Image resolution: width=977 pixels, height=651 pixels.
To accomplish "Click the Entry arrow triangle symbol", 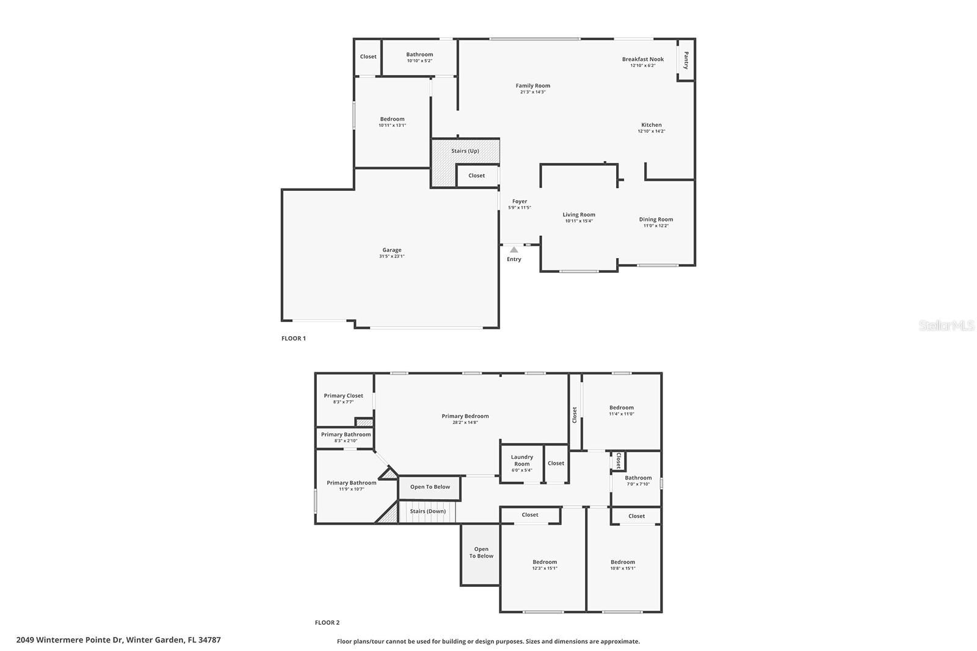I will (x=514, y=250).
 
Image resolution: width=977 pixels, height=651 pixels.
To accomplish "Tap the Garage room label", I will (x=392, y=250).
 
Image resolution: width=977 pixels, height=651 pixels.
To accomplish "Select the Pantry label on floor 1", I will (x=686, y=60).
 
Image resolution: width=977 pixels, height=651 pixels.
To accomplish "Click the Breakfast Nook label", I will (x=643, y=59).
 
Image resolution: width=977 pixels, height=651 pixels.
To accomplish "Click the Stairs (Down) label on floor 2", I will (x=427, y=511).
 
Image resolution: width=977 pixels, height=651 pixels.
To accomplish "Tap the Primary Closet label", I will (x=344, y=395).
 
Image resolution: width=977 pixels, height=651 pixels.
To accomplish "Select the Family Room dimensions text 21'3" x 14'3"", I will (x=533, y=92).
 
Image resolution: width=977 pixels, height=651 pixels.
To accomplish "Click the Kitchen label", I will (x=652, y=125).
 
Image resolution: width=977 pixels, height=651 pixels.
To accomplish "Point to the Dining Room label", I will (x=656, y=219).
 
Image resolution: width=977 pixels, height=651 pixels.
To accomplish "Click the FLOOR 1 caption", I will (x=294, y=338).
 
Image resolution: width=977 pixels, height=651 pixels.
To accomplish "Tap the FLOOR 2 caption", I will (x=327, y=622).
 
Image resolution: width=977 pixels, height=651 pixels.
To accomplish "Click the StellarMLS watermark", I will (x=946, y=326).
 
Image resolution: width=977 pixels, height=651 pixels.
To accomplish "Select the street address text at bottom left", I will (x=118, y=640).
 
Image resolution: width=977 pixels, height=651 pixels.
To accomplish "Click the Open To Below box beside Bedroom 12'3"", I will (x=481, y=553).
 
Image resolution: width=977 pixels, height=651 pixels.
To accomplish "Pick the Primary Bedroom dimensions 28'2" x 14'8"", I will (x=465, y=422).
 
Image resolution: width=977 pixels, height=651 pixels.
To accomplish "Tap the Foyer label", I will (x=520, y=201).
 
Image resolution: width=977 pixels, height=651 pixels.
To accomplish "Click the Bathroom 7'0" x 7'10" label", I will (x=638, y=478).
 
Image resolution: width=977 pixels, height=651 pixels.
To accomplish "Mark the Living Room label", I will (x=579, y=215).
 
